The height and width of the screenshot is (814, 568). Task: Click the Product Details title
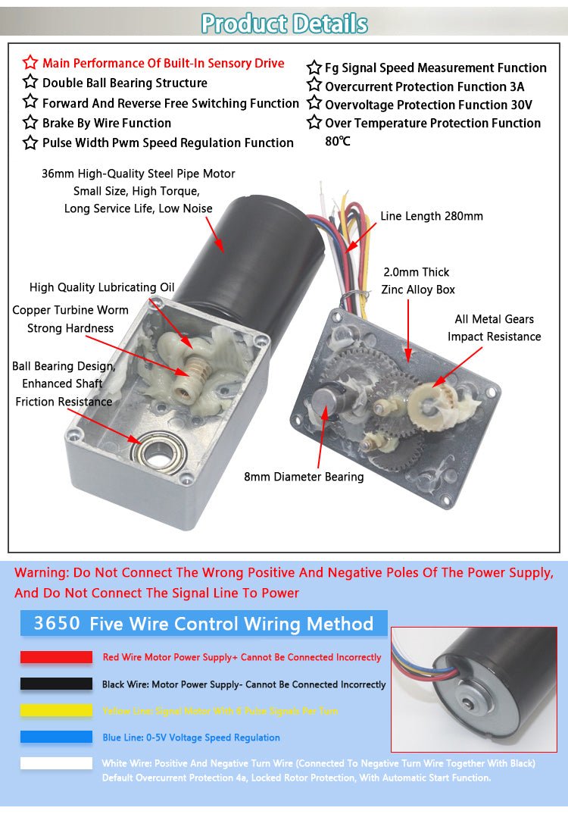[x=284, y=23]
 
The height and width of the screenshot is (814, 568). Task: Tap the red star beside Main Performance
[x=30, y=63]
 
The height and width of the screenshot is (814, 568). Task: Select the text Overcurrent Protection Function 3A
[x=424, y=86]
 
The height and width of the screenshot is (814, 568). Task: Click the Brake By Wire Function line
[x=106, y=123]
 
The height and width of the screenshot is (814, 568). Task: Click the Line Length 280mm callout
[x=431, y=216]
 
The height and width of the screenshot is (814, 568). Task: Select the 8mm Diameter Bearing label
[x=304, y=477]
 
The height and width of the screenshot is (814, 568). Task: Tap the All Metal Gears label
[x=494, y=319]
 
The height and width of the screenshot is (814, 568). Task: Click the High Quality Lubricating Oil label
[x=101, y=287]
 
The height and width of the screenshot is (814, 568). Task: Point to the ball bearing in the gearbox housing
[x=158, y=452]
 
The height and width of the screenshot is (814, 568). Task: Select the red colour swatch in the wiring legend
[x=56, y=657]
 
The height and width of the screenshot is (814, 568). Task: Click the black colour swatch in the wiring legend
[x=56, y=684]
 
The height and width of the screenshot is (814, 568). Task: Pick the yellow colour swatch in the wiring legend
[x=56, y=711]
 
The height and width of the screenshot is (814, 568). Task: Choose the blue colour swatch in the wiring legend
[x=56, y=737]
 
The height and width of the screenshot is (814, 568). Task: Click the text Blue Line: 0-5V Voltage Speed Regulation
[x=191, y=737]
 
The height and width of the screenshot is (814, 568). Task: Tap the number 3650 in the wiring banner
[x=57, y=624]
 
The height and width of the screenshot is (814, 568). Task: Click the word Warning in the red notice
[x=41, y=572]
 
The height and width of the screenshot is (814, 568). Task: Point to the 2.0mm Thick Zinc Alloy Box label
[x=418, y=280]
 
